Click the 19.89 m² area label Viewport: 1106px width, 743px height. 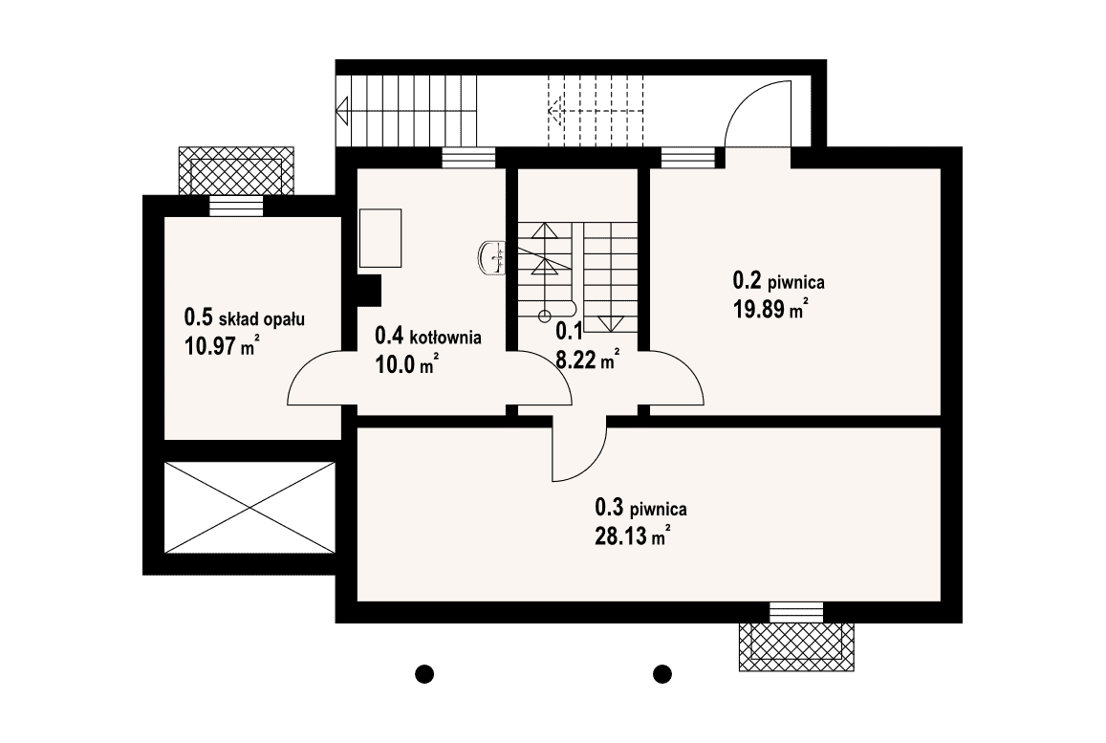(771, 308)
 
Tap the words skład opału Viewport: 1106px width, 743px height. (262, 319)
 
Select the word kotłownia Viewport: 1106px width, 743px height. (446, 337)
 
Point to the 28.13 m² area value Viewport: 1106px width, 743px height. (632, 535)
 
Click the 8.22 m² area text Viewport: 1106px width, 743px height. (588, 360)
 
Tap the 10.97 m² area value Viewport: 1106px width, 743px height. (220, 346)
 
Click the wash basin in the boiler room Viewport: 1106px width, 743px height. (491, 257)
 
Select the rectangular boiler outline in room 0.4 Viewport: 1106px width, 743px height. (380, 238)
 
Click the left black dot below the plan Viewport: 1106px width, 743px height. (423, 674)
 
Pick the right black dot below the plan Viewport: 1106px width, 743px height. (661, 674)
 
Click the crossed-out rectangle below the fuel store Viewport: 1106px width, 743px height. (249, 508)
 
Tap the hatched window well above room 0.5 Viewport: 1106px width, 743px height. (236, 171)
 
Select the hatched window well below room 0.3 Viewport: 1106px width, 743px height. (796, 646)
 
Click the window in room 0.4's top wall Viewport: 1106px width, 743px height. (468, 158)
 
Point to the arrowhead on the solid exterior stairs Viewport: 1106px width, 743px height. (343, 111)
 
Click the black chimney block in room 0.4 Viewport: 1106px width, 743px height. (369, 289)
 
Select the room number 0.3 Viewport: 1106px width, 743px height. (610, 507)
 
